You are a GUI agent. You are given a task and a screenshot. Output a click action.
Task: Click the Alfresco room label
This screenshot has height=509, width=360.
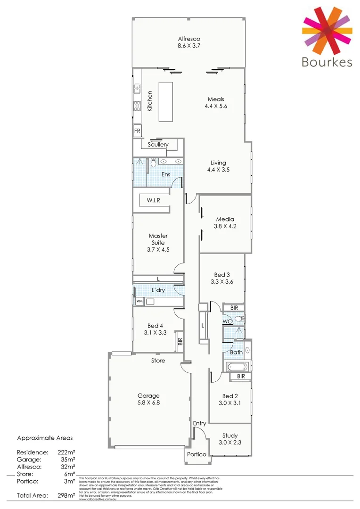189,39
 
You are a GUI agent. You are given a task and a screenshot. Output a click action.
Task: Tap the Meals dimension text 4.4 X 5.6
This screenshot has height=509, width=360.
216,107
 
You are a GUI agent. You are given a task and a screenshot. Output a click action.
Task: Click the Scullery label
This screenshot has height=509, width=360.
158,145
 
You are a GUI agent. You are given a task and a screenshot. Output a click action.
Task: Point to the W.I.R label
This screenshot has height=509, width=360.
153,200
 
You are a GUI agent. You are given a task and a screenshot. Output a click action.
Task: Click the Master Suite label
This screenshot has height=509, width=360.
158,239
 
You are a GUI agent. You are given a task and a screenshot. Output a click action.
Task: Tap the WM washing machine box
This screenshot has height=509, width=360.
139,301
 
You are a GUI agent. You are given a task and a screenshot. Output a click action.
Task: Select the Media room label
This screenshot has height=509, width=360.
225,219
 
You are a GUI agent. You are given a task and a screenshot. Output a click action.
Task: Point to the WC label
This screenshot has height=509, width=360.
227,321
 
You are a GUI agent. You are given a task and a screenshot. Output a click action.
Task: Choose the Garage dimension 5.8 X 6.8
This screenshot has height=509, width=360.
148,403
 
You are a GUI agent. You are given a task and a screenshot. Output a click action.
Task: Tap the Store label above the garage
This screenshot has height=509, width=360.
158,361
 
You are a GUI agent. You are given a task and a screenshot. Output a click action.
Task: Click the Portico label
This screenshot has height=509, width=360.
196,454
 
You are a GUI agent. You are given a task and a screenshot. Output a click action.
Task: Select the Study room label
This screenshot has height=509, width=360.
229,435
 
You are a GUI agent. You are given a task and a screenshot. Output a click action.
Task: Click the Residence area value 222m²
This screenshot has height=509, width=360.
65,452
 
